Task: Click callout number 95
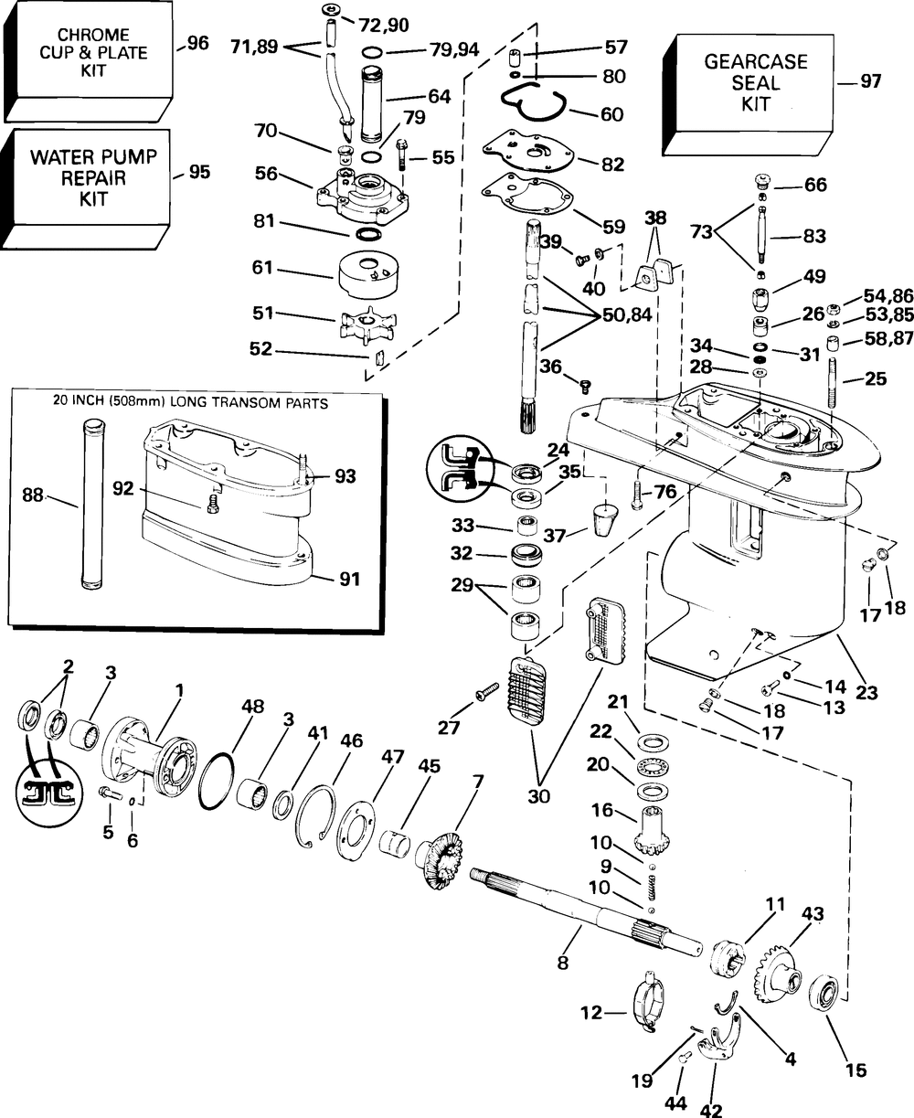(198, 171)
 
